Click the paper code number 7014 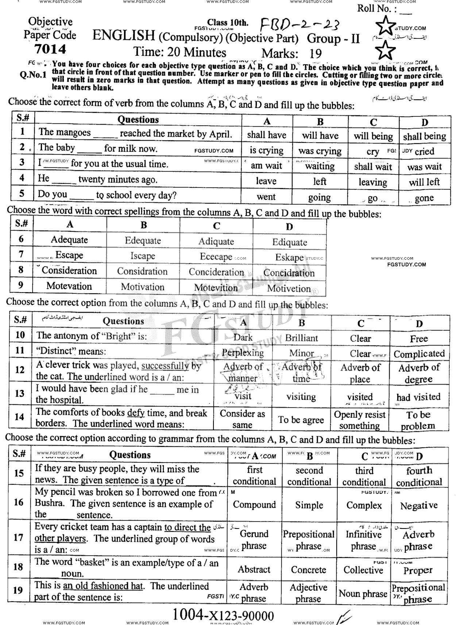pos(50,49)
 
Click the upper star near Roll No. pos(386,26)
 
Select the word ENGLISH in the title pos(124,36)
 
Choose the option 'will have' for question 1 pos(320,136)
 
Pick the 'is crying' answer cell pos(266,150)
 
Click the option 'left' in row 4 pos(319,182)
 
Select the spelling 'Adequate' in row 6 pos(69,240)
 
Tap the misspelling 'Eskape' pos(289,258)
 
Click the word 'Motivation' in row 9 pos(143,287)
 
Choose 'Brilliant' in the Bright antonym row pos(301,338)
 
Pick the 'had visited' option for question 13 pos(418,397)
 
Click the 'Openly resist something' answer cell pos(360,420)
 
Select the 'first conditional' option pos(255,476)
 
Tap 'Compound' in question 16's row pos(254,505)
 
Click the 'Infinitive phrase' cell pos(363,540)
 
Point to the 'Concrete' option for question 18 pos(309,570)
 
